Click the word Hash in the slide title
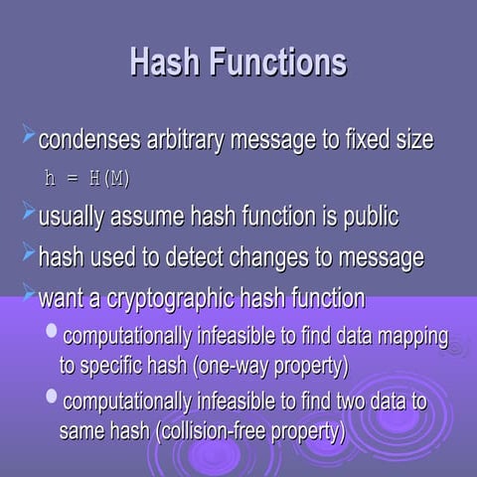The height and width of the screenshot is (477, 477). [165, 62]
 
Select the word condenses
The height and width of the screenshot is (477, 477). [82, 140]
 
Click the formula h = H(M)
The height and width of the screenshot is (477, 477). [87, 179]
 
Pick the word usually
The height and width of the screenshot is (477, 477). [72, 217]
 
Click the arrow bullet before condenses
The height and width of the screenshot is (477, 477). [28, 135]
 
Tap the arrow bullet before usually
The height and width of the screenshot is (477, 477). [28, 212]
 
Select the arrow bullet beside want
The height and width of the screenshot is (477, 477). [28, 293]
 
